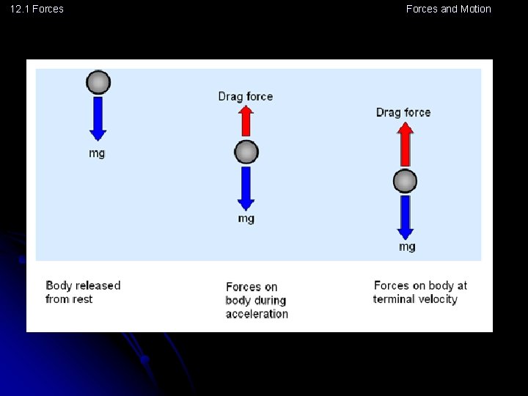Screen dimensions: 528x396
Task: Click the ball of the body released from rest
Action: coord(98,82)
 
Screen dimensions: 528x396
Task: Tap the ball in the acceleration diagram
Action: coord(246,153)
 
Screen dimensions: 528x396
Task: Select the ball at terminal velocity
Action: coord(405,181)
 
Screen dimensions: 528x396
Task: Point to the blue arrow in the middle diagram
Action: coord(246,188)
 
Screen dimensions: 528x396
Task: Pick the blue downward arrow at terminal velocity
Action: coord(405,216)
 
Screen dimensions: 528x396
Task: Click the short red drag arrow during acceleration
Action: coord(246,120)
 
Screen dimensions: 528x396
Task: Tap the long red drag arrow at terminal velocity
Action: coord(405,144)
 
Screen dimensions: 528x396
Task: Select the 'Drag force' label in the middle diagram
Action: coord(246,96)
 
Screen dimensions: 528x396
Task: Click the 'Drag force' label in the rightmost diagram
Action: coord(403,112)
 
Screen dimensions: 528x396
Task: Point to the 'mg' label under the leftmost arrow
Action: coord(97,153)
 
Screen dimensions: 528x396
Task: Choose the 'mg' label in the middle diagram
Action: coord(246,219)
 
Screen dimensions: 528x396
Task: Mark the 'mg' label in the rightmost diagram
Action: coord(407,246)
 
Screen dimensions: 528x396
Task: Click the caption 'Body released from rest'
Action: coord(82,292)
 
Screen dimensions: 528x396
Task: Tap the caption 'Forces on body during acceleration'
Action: coord(256,300)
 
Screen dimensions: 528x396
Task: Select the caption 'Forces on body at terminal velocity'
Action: coord(419,292)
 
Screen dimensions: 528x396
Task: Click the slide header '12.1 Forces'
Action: coord(37,9)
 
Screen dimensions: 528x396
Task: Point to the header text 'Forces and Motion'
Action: coord(448,9)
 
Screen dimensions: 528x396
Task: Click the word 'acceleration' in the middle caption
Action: coord(257,314)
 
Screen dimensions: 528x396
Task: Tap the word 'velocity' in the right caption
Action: coord(437,299)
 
